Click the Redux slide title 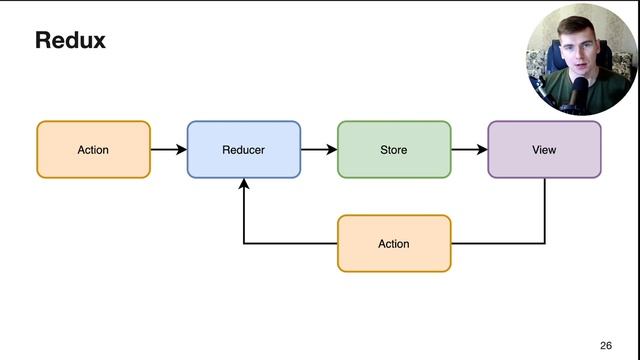[70, 41]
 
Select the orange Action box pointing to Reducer [93, 150]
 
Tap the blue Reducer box [243, 150]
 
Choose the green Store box [393, 150]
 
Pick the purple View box [544, 150]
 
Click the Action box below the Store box [393, 243]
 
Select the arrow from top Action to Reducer [168, 150]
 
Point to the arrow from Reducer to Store [318, 150]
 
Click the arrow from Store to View [468, 150]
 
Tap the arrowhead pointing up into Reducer [244, 185]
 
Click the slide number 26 [606, 345]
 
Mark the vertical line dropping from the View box [545, 210]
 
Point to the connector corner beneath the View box [545, 243]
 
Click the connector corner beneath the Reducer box [244, 243]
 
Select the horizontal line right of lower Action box [498, 243]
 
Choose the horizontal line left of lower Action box [290, 243]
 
